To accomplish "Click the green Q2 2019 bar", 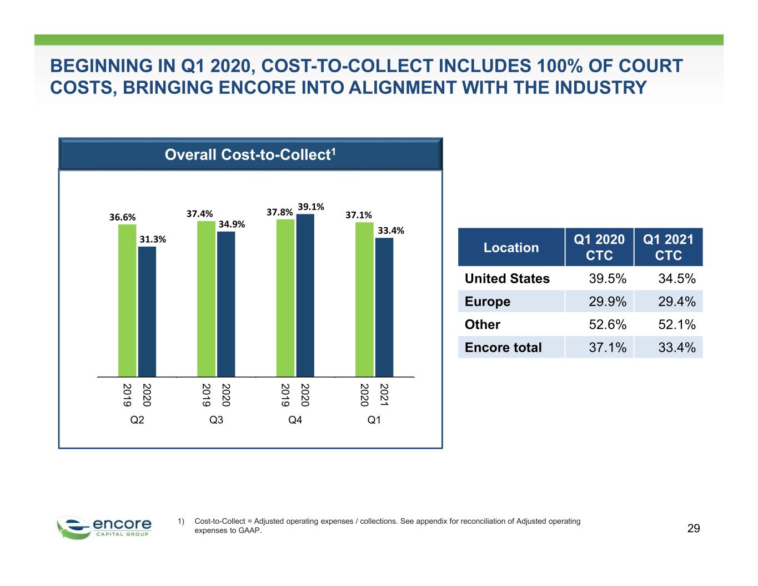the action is point(127,300).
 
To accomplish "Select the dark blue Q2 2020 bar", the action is point(147,312).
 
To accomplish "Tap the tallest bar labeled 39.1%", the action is point(305,295).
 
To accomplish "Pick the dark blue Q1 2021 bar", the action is point(384,307).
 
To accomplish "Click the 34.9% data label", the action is point(232,224).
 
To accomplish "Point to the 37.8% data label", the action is point(279,212).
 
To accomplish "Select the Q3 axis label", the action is point(216,419).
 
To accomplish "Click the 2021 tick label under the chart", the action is point(384,395).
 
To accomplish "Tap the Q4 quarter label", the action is point(295,419).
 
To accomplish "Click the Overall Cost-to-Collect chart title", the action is point(250,154).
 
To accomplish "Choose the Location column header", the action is point(511,247).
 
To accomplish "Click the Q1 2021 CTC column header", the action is point(668,247).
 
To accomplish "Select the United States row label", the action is point(507,278).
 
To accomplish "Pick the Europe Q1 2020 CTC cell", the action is point(608,302).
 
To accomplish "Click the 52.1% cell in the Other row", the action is point(677,324).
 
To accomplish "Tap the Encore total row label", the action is point(503,347).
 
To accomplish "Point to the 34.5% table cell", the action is point(677,278).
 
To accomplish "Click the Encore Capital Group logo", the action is point(104,528).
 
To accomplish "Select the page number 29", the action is point(694,528).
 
